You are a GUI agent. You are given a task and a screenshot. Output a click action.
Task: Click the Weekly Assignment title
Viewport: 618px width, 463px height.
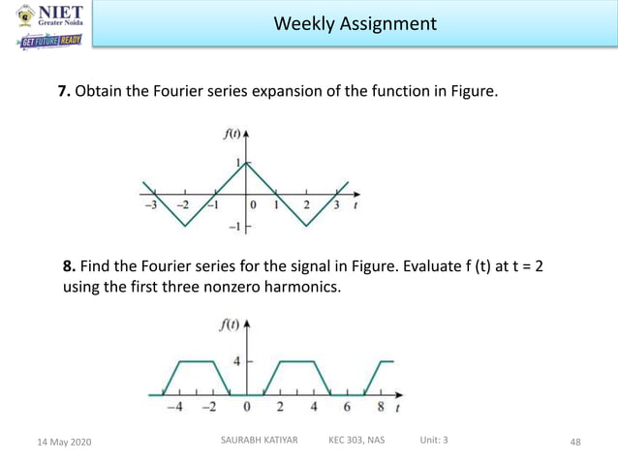(355, 23)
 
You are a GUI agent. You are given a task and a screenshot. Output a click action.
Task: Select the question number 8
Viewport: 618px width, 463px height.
(69, 266)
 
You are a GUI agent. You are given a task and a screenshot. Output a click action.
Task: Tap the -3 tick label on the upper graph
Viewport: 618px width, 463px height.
(150, 205)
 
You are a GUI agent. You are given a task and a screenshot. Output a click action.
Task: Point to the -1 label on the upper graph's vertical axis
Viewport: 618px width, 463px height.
(233, 227)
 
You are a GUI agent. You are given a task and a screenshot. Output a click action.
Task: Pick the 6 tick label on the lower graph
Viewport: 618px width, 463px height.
(347, 407)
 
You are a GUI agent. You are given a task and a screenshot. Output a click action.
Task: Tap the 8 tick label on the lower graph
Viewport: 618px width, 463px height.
(381, 407)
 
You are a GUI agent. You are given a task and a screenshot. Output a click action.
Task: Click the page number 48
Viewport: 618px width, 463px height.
(575, 443)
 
